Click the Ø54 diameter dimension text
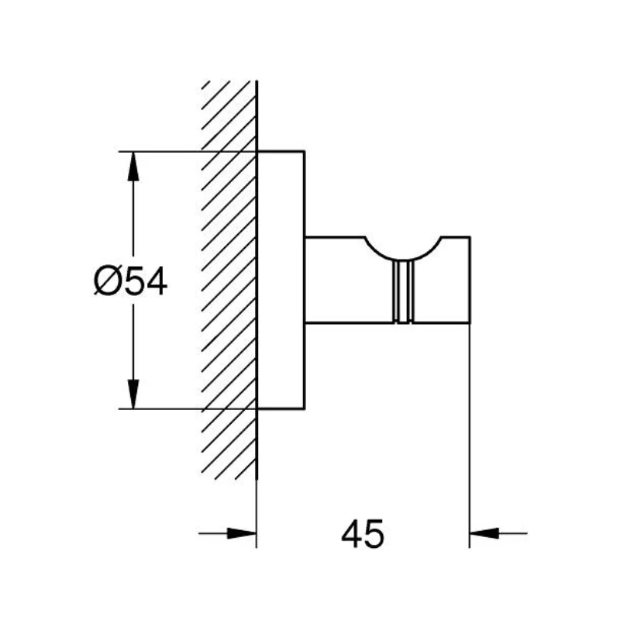point(130,281)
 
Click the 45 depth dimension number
point(363,534)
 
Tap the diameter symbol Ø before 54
point(107,281)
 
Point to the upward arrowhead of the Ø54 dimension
point(133,166)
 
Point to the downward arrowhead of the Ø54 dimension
point(133,394)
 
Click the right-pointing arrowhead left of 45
point(242,533)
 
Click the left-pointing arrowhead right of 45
point(484,533)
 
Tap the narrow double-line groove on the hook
point(403,292)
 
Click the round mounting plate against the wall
point(281,280)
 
